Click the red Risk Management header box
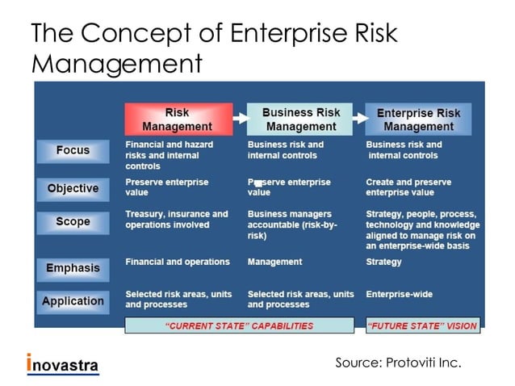click(177, 119)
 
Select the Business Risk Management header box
click(300, 119)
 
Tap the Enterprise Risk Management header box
click(418, 120)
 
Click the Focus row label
click(73, 151)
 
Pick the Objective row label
click(73, 189)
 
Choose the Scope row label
click(73, 222)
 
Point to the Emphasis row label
click(73, 267)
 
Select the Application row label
click(73, 301)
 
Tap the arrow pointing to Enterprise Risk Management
click(359, 117)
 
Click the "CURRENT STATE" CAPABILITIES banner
click(239, 326)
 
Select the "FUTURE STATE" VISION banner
click(422, 326)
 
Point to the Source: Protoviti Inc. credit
click(398, 363)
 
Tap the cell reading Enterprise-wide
click(399, 295)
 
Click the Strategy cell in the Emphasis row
click(383, 262)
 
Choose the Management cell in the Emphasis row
click(274, 262)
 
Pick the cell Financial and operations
click(177, 262)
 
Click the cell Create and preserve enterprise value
click(408, 187)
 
